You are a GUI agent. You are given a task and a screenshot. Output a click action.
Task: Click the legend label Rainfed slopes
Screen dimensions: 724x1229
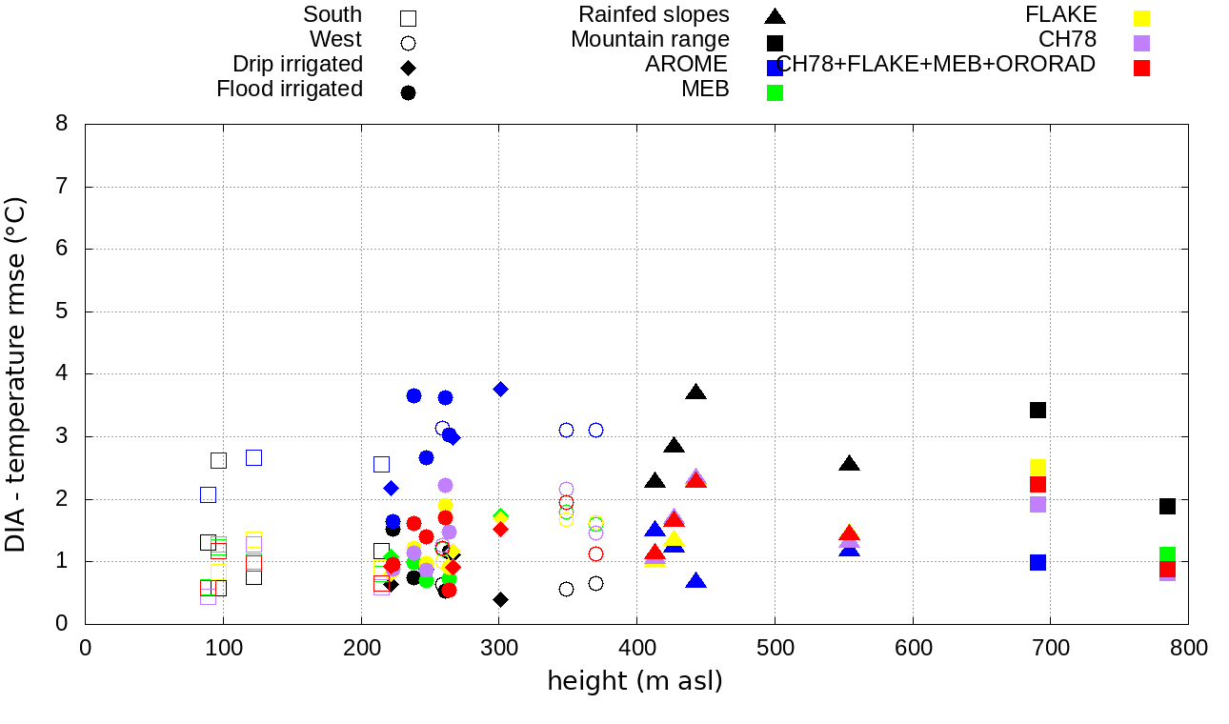click(x=654, y=15)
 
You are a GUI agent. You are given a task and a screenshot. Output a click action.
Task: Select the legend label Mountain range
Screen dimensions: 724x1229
click(x=650, y=40)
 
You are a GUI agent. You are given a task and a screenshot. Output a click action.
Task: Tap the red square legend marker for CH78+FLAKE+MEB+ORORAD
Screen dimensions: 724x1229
click(x=1141, y=68)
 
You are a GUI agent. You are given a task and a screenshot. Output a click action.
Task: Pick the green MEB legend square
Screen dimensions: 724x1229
click(x=775, y=92)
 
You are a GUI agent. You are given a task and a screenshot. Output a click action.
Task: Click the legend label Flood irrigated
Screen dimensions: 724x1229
click(x=290, y=90)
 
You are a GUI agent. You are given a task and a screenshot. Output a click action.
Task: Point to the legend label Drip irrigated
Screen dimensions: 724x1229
click(x=297, y=65)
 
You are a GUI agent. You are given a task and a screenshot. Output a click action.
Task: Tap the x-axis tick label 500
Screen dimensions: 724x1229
click(x=775, y=649)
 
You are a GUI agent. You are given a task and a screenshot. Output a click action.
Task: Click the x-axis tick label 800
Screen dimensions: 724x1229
click(x=1188, y=649)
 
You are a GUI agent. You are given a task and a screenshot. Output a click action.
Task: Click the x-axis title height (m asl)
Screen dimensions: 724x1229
click(x=635, y=682)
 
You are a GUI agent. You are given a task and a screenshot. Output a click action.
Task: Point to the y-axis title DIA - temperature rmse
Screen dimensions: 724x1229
click(x=16, y=374)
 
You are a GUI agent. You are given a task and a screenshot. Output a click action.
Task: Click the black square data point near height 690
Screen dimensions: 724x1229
click(x=1038, y=410)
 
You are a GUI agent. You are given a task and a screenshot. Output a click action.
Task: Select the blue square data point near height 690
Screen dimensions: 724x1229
click(x=1038, y=562)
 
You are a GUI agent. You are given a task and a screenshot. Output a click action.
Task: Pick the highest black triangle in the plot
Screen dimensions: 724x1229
click(x=696, y=392)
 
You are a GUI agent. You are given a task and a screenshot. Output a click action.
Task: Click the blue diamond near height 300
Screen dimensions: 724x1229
click(x=500, y=389)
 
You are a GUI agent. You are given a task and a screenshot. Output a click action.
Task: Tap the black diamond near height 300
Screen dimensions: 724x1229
click(x=500, y=599)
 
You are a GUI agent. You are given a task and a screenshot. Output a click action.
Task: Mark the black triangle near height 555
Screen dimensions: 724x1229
click(x=850, y=464)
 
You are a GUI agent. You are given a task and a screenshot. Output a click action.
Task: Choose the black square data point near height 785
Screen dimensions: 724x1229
click(x=1168, y=506)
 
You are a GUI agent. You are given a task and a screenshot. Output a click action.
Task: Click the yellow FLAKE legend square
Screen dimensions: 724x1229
click(x=1141, y=18)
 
